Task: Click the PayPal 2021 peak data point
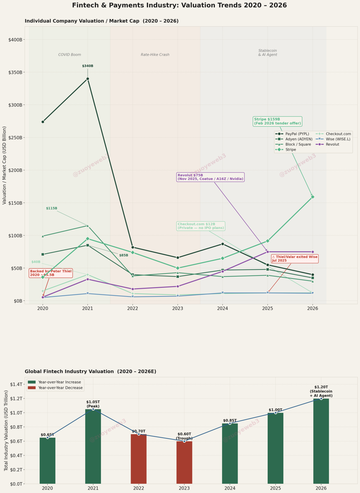click(88, 79)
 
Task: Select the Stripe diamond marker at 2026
click(312, 197)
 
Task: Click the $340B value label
click(88, 66)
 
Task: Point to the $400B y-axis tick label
click(15, 40)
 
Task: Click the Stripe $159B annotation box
click(277, 121)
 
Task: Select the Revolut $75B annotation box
click(210, 177)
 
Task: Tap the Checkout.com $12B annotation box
click(201, 226)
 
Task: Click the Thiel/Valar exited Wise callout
click(294, 258)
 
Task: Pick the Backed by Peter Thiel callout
click(51, 273)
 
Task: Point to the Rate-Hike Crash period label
click(155, 55)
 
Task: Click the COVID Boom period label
click(70, 55)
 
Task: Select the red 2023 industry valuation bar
click(184, 462)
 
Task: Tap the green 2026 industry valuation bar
click(321, 441)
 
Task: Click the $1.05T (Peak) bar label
click(93, 404)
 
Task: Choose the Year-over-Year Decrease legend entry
click(60, 388)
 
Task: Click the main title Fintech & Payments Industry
click(179, 5)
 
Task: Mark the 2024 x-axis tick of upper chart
click(222, 308)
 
